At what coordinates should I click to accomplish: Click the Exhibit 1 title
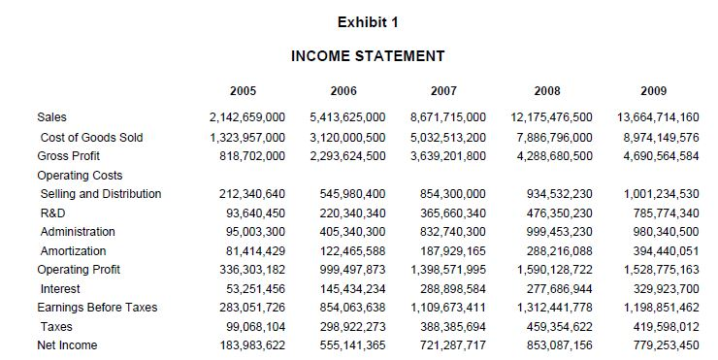coord(368,22)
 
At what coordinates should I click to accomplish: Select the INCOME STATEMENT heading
coord(368,56)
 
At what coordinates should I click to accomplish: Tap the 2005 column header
coord(243,91)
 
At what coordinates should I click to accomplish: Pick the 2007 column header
coord(443,91)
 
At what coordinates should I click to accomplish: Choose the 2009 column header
coord(654,91)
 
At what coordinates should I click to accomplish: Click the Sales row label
coord(52,117)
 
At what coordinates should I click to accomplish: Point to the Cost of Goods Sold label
coord(91,137)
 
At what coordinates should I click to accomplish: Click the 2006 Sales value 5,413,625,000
coord(346,117)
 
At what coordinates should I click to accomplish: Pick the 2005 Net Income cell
coord(247,345)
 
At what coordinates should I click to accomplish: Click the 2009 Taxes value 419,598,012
coord(659,327)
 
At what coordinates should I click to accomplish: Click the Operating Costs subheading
coord(80,175)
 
